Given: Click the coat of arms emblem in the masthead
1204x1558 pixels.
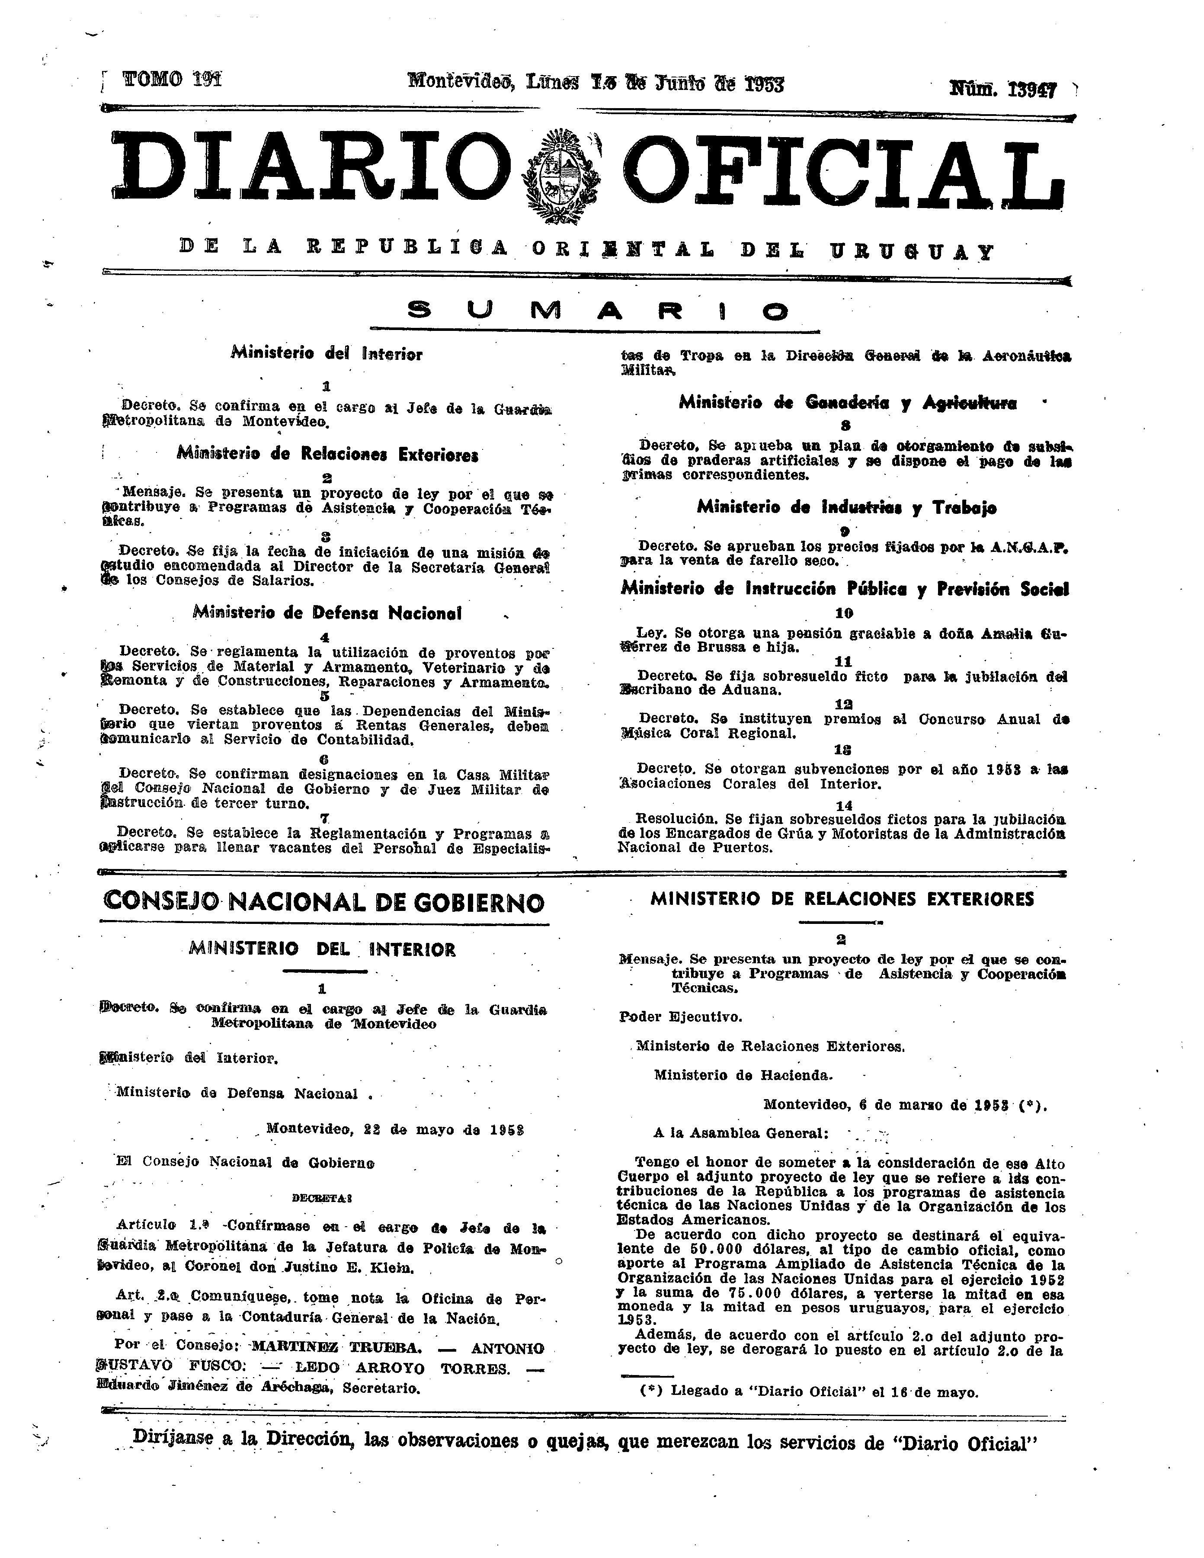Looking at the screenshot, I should [560, 176].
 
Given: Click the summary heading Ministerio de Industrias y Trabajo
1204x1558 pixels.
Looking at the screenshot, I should [847, 507].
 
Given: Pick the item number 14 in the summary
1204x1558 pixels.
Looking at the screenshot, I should [844, 805].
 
